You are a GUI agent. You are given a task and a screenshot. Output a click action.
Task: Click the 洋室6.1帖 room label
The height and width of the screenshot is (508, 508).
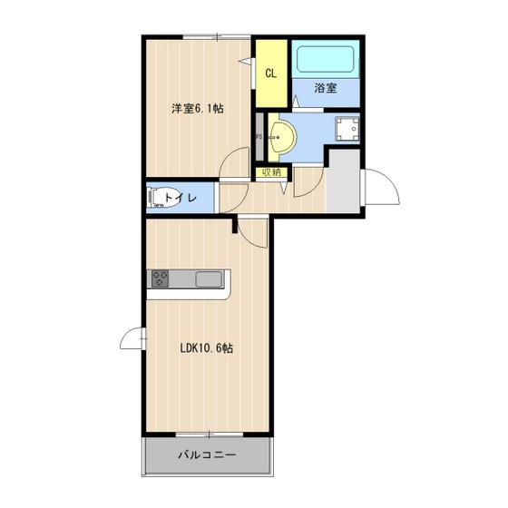tap(198, 108)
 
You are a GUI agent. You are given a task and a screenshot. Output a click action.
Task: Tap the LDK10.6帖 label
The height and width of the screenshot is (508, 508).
tap(207, 348)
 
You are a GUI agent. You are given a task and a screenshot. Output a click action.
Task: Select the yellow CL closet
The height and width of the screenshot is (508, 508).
tap(271, 73)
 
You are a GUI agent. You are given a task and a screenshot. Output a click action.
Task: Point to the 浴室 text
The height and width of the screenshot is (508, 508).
tap(326, 88)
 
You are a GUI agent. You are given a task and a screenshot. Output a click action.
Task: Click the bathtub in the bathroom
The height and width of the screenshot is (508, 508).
tap(326, 59)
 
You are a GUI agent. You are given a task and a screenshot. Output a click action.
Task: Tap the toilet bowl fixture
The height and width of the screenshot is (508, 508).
tap(160, 198)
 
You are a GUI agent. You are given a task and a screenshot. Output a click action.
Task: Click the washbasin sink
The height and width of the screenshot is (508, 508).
tap(282, 137)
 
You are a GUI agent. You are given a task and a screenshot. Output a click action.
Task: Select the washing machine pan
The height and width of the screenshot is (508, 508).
tap(347, 129)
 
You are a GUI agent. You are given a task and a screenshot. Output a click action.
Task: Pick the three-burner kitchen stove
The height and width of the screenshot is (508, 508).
tap(160, 278)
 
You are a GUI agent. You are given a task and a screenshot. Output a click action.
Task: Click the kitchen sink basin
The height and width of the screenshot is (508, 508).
tap(209, 279)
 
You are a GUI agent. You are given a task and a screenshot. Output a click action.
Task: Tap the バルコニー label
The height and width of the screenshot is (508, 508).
tap(207, 454)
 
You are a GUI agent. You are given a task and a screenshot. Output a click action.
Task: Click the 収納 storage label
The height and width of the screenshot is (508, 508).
tap(271, 172)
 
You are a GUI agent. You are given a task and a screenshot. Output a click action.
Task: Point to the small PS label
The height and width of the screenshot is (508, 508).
tap(259, 137)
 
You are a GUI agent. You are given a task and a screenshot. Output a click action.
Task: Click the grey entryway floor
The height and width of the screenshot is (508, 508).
tap(343, 181)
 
